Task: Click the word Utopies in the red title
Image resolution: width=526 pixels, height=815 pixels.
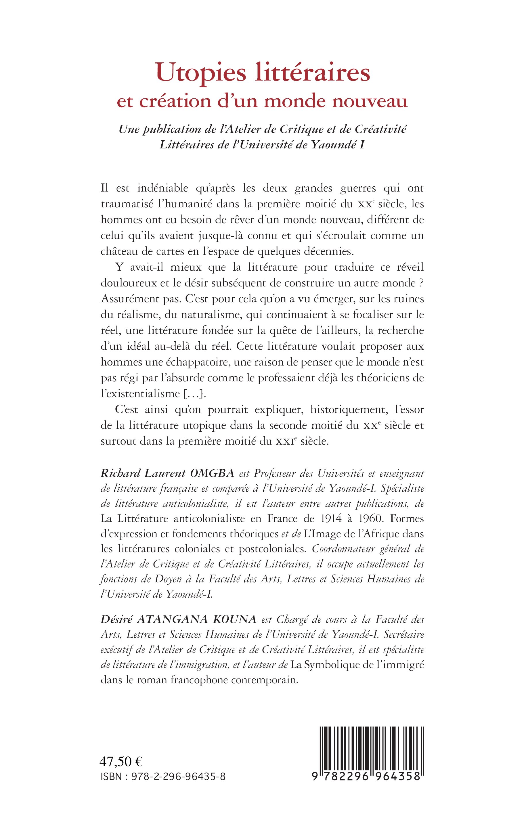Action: (x=201, y=73)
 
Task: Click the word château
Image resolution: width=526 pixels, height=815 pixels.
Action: (x=119, y=251)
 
